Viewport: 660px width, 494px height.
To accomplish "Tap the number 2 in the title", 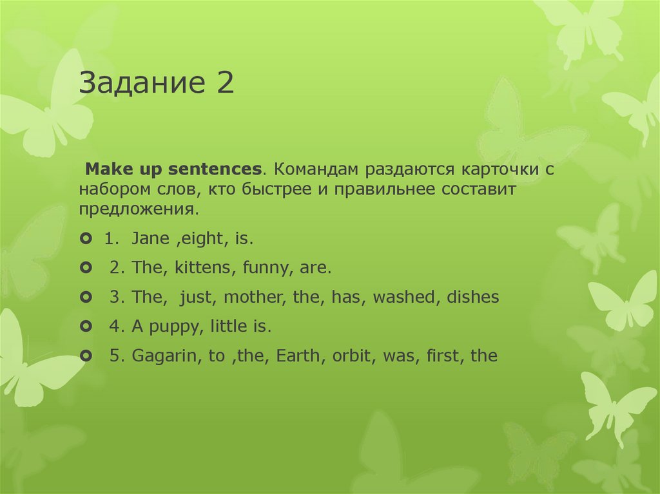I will (224, 84).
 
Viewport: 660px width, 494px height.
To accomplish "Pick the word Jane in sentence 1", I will (150, 239).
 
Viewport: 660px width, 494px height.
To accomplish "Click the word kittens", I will (202, 268).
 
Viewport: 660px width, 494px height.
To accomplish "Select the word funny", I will (264, 269).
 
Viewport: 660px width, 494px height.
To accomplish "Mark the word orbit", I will (352, 356).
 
